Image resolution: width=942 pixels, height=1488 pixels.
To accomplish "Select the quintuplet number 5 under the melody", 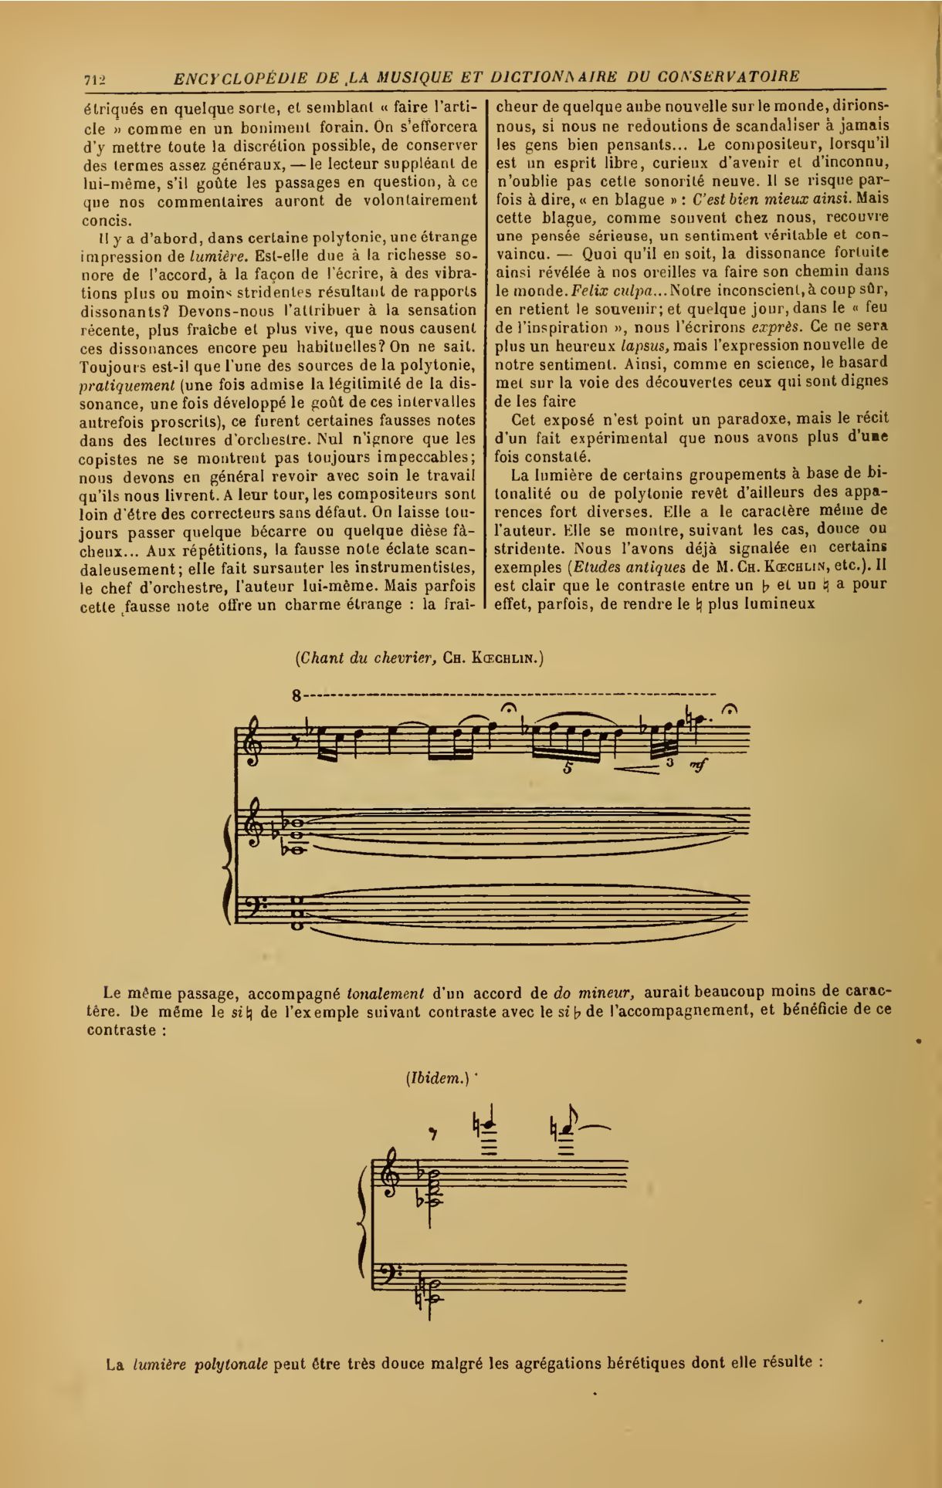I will (568, 768).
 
